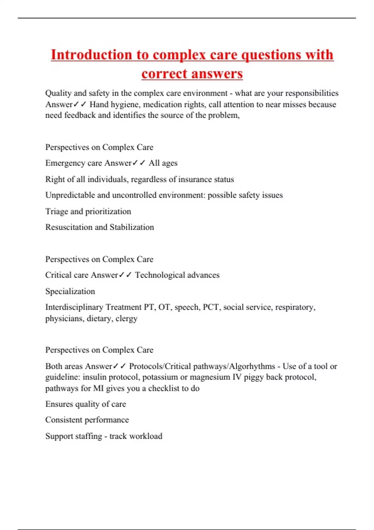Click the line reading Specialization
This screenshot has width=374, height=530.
coord(70,291)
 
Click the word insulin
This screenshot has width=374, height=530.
coord(92,377)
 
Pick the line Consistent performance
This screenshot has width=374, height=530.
coord(87,420)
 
